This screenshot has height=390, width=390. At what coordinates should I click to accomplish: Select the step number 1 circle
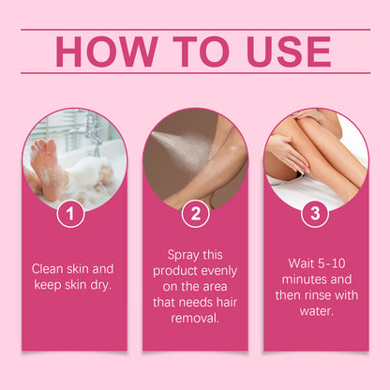pyautogui.click(x=70, y=214)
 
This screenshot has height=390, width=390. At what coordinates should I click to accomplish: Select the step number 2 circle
pyautogui.click(x=195, y=214)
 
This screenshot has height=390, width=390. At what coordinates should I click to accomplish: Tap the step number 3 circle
pyautogui.click(x=316, y=214)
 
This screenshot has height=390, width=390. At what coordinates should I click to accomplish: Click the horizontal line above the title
pyautogui.click(x=195, y=29)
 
